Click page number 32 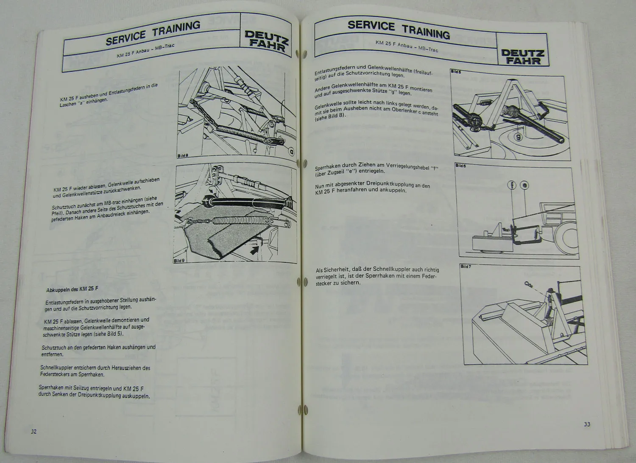[33, 431]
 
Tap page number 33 [587, 424]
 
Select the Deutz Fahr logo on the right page [522, 57]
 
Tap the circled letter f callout [512, 185]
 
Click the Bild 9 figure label [179, 261]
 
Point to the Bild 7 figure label [465, 267]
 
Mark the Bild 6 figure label [460, 166]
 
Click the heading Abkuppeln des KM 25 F [72, 289]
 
